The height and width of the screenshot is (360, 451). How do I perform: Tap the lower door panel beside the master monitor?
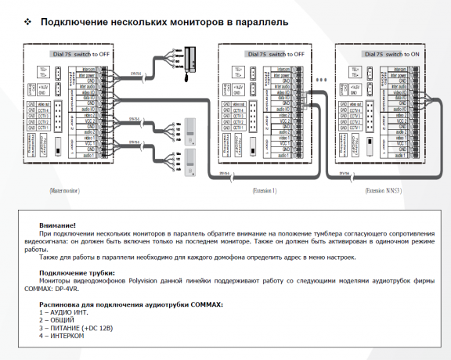(189, 157)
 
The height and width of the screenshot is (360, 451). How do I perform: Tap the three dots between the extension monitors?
(319, 80)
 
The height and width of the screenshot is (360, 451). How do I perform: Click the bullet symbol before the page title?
(28, 22)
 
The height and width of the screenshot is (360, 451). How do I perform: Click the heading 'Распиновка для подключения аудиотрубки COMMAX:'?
(131, 304)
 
